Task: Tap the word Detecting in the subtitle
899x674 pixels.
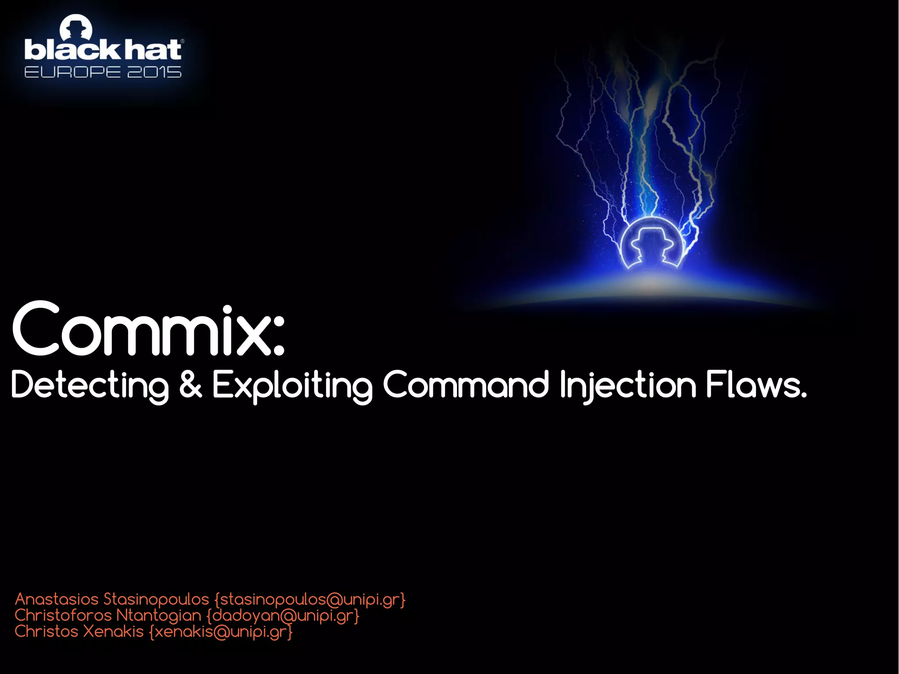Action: [90, 386]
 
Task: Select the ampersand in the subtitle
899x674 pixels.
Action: [191, 385]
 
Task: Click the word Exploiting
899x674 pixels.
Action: [292, 386]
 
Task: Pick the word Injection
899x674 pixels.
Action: [628, 386]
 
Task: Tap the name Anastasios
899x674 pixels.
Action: [57, 599]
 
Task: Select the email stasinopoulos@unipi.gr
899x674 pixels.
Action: [310, 600]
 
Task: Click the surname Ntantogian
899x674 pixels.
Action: [158, 616]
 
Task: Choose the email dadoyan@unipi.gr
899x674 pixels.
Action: [283, 616]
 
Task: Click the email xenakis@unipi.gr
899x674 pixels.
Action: [221, 632]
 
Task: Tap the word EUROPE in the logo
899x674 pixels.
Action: [72, 72]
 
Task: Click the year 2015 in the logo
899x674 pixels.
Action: [154, 72]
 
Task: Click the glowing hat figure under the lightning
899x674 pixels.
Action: [651, 244]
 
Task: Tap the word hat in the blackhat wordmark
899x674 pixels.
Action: [152, 50]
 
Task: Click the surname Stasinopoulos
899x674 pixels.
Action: [156, 599]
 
